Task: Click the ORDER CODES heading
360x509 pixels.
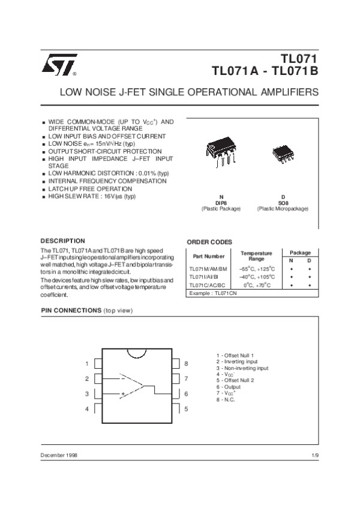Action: pos(209,242)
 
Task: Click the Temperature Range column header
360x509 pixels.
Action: pos(256,256)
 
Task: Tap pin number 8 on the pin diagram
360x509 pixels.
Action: pos(187,364)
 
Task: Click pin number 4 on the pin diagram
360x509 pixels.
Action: pos(87,408)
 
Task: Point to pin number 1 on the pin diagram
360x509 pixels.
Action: pos(87,364)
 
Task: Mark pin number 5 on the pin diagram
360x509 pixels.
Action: pos(187,408)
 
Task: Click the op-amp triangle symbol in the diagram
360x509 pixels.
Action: pos(133,385)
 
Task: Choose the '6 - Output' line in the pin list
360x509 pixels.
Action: pos(230,387)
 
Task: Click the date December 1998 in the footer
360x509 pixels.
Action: pos(59,456)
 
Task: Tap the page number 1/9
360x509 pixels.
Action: pos(315,456)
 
